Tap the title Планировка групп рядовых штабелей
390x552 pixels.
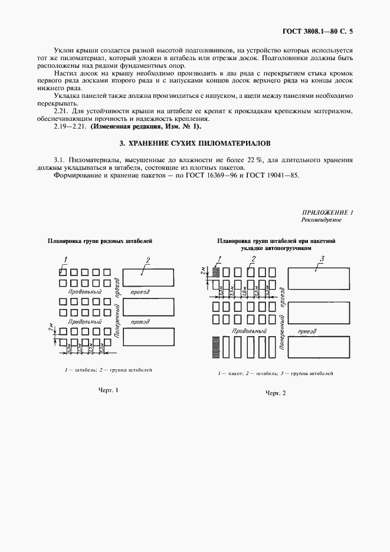pos(100,241)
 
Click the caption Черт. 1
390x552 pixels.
pos(109,390)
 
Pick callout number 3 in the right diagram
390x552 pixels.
pos(322,258)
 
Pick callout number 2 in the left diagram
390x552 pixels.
pos(148,259)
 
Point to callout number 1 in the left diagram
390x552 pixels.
pos(65,259)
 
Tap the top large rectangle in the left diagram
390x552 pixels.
pos(148,277)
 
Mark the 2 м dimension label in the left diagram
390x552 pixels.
pos(51,333)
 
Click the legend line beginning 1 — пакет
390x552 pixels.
pos(276,374)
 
